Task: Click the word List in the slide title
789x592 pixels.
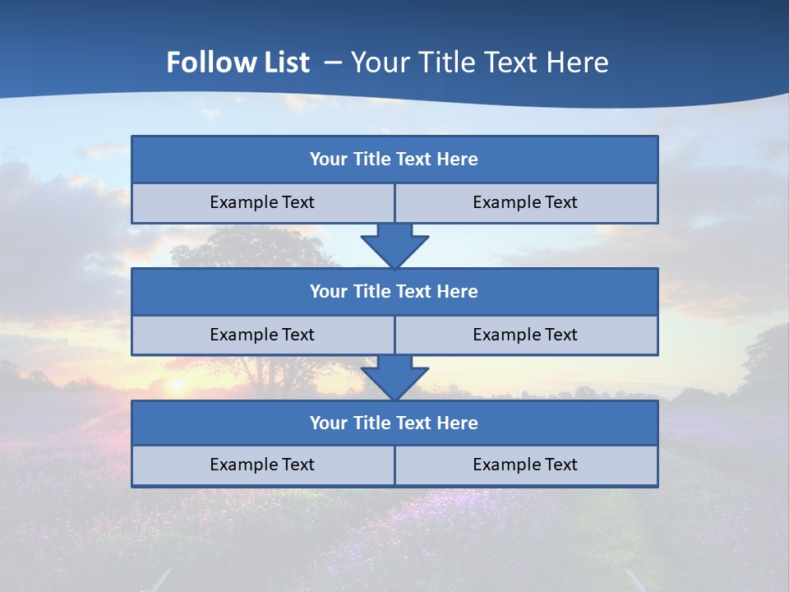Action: point(281,62)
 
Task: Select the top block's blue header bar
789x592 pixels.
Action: point(394,160)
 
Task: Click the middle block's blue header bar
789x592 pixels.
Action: point(394,291)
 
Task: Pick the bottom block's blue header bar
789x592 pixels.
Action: point(394,423)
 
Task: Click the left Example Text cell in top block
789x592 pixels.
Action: point(262,202)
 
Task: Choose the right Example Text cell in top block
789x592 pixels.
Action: point(525,202)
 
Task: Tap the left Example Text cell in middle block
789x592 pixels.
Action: point(262,335)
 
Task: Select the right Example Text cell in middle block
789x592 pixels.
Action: point(525,335)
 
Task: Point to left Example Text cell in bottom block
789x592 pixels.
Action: point(262,465)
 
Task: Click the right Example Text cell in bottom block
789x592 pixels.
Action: point(525,465)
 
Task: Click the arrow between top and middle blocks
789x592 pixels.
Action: point(394,245)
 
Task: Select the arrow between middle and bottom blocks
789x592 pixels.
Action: point(394,377)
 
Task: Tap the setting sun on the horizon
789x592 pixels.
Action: point(175,384)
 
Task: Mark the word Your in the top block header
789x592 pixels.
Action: point(329,160)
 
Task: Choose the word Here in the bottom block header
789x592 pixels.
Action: point(458,423)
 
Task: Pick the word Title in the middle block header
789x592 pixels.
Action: point(372,291)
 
